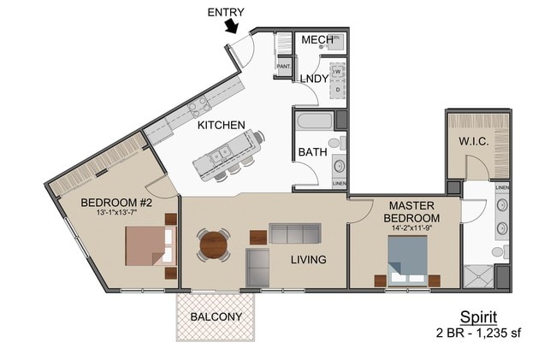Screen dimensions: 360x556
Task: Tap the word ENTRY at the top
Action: (227, 11)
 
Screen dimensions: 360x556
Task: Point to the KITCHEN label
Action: (222, 125)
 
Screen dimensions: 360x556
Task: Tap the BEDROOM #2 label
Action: (116, 203)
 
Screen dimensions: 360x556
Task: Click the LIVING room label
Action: (309, 259)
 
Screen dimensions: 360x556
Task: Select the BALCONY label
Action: (216, 316)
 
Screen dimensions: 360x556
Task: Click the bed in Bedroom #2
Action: (145, 246)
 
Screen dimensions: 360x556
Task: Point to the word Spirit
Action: (479, 316)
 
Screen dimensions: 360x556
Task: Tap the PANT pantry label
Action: (283, 66)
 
